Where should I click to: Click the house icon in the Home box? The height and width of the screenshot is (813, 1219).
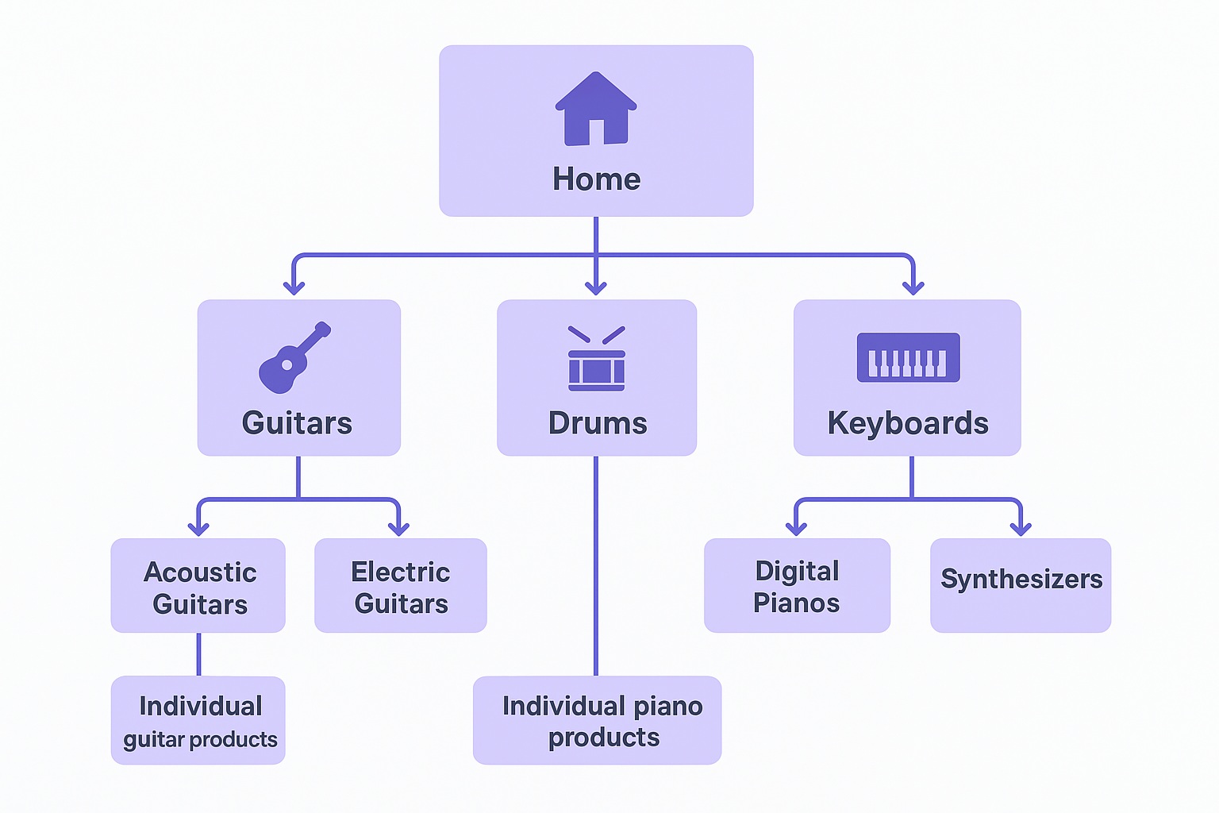click(x=596, y=109)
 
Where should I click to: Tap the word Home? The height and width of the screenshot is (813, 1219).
click(x=596, y=179)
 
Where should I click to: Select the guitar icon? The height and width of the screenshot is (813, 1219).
click(x=294, y=358)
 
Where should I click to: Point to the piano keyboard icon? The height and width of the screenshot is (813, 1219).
click(x=908, y=357)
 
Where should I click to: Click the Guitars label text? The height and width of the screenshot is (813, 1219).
click(x=297, y=423)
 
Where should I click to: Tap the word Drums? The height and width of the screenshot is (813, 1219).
click(x=598, y=423)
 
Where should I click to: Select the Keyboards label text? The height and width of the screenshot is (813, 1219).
click(x=908, y=423)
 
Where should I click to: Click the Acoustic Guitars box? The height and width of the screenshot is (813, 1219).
click(x=198, y=586)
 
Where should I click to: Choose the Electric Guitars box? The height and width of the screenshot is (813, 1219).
click(x=401, y=586)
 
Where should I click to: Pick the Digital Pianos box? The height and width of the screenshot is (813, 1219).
click(x=797, y=586)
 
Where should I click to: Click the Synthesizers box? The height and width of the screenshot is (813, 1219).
click(x=1021, y=586)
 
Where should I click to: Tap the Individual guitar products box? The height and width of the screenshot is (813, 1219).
click(x=198, y=721)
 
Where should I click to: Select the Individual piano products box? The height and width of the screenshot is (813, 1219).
click(x=598, y=721)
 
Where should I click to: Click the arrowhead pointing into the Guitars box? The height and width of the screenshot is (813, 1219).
click(x=294, y=287)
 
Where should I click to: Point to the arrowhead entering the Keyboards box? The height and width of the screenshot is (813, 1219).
click(x=913, y=287)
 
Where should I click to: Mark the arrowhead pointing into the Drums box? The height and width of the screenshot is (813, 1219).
click(x=596, y=287)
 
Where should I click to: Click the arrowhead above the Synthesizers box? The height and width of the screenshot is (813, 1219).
click(x=1021, y=528)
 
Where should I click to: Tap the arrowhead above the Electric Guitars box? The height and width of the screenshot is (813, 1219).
click(x=398, y=528)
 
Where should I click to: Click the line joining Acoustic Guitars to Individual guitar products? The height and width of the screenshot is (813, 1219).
click(x=198, y=654)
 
